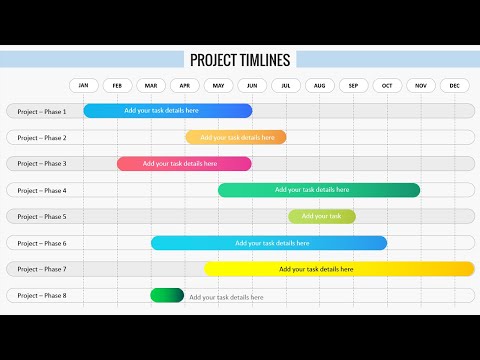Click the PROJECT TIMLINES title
[x=240, y=60]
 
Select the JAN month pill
[x=84, y=86]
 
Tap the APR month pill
[x=185, y=86]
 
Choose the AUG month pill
[x=320, y=86]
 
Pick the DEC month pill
[x=455, y=86]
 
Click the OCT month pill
[x=388, y=86]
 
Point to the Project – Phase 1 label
[x=43, y=111]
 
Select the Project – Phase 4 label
[x=43, y=190]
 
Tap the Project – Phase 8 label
[x=43, y=295]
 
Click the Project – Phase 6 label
[x=43, y=243]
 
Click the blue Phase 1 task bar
[x=167, y=111]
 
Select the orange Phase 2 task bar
[x=236, y=137]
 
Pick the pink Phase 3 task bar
[x=184, y=163]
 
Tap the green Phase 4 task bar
[x=319, y=190]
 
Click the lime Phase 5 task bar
[x=322, y=216]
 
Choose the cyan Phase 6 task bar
[x=269, y=243]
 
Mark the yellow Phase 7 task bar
[x=340, y=269]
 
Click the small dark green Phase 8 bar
[x=167, y=295]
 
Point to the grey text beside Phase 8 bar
[x=227, y=297]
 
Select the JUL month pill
[x=287, y=86]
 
